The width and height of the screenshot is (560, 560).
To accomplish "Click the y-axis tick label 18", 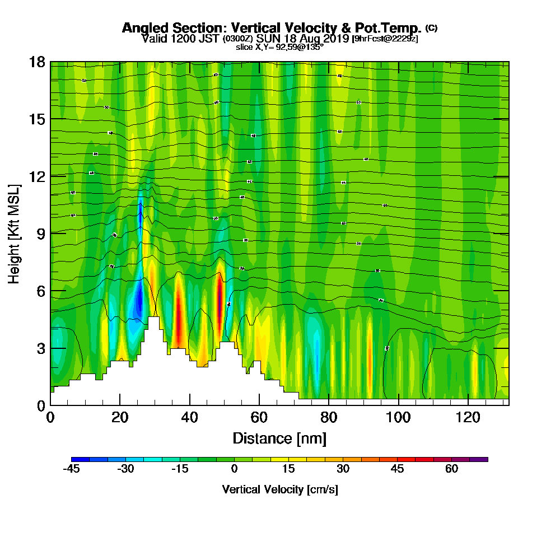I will (37, 62).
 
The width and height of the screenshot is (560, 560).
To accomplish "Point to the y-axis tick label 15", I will (37, 119).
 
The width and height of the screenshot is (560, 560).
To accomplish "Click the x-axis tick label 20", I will (120, 417).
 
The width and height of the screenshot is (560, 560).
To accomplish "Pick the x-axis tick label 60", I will (259, 417).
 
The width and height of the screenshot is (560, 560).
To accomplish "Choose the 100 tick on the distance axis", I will (398, 417).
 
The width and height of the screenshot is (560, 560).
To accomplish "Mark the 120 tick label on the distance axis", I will (467, 417).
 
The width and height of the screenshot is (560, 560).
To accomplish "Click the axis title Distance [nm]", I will (279, 437).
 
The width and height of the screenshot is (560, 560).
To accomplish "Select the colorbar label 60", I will (452, 469).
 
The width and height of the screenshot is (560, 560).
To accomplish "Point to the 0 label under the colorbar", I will (235, 469).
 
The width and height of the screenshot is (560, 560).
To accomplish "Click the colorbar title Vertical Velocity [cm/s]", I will (280, 489).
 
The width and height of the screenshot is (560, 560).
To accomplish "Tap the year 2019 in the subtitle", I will (335, 39).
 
